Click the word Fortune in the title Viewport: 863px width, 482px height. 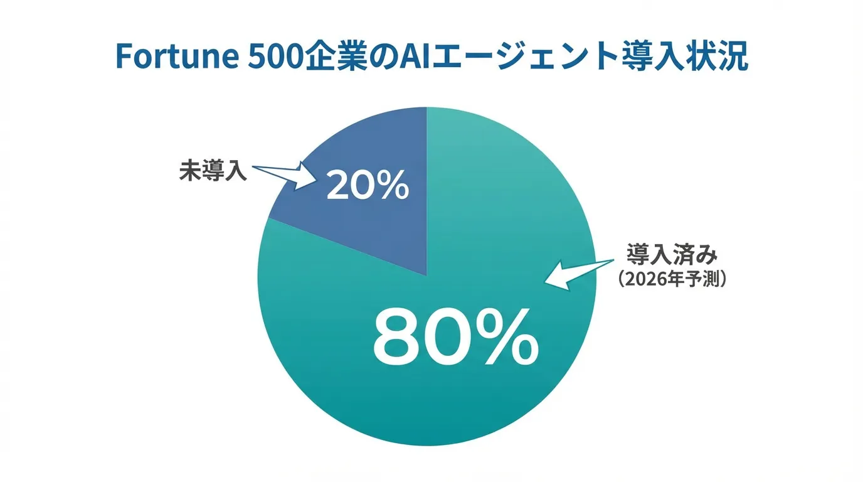coord(177,56)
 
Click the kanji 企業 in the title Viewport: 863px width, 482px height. coord(337,56)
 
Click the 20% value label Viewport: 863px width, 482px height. coord(368,186)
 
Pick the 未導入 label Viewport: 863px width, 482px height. coord(213,170)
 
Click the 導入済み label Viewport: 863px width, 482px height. coord(672,255)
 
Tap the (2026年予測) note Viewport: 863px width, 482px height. coord(672,279)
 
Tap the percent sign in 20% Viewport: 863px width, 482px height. coord(392,186)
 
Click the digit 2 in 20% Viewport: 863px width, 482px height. coord(336,186)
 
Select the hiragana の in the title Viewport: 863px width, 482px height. coord(383,57)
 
